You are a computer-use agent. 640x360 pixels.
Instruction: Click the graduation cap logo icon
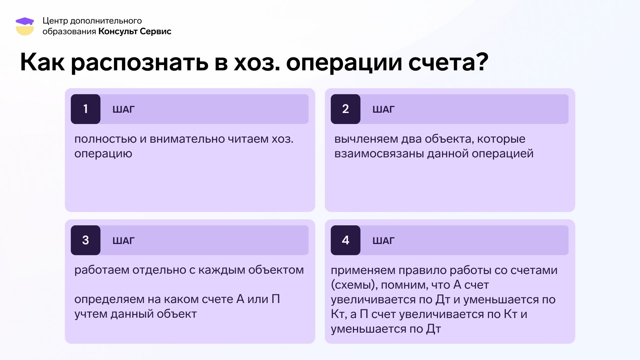click(25, 26)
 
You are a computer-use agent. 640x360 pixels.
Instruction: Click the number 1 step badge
click(86, 109)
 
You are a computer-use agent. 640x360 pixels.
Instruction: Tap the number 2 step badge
click(346, 109)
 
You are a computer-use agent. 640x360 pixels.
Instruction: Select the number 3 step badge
click(86, 240)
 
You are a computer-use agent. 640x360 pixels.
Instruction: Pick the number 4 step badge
click(346, 240)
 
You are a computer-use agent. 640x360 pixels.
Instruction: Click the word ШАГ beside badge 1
click(123, 109)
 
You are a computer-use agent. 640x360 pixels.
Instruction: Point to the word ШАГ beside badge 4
click(383, 241)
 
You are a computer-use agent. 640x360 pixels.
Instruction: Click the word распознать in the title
click(140, 63)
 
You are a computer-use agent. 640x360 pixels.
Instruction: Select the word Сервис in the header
click(156, 31)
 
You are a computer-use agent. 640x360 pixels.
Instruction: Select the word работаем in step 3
click(102, 270)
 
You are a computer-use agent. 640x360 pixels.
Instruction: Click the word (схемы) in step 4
click(354, 285)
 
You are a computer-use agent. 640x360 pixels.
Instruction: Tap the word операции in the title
click(344, 63)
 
